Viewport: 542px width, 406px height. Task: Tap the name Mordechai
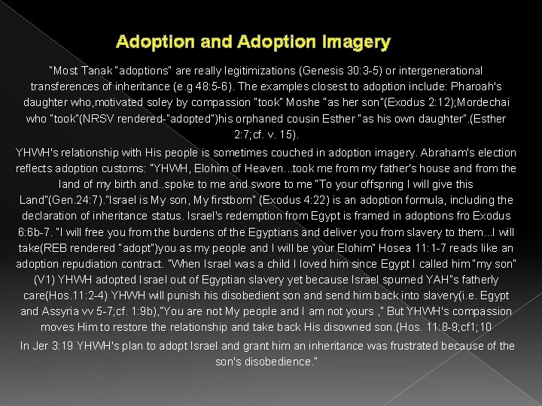(x=482, y=103)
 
